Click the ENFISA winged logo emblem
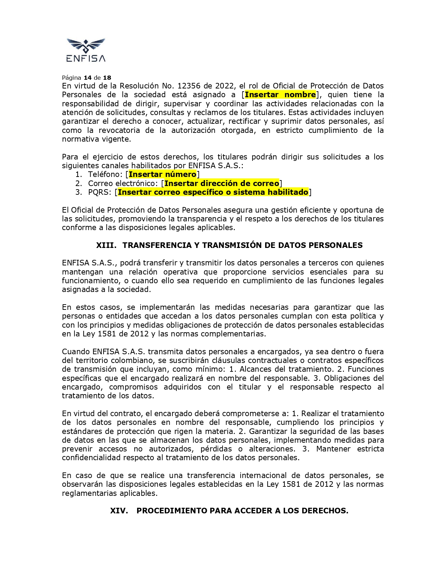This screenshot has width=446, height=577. pyautogui.click(x=86, y=45)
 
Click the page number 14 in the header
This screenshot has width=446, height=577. pyautogui.click(x=87, y=78)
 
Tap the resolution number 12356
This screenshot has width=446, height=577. pyautogui.click(x=189, y=86)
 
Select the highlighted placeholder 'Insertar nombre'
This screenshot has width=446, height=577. pyautogui.click(x=280, y=95)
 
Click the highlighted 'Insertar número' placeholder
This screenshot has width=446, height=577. pyautogui.click(x=163, y=174)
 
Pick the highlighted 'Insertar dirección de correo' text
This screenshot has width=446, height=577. pyautogui.click(x=222, y=184)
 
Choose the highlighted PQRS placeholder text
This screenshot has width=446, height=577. pyautogui.click(x=213, y=192)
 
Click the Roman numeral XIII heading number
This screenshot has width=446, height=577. pyautogui.click(x=106, y=245)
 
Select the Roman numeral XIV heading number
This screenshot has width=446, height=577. pyautogui.click(x=119, y=511)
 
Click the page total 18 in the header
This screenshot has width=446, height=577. pyautogui.click(x=107, y=78)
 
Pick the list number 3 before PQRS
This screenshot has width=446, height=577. pyautogui.click(x=78, y=192)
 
